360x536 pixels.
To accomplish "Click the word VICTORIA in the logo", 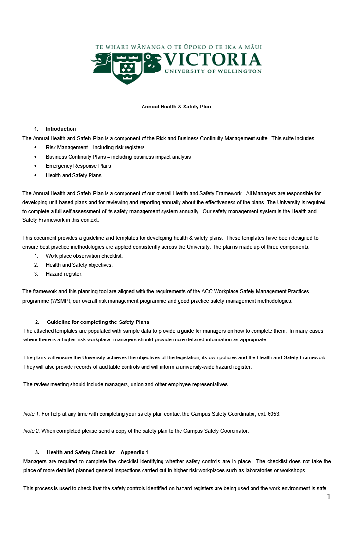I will tap(213, 60).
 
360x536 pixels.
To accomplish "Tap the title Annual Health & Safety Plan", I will tap(176, 107).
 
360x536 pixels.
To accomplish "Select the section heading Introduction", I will tap(61, 129).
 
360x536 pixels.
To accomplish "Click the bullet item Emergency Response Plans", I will tap(78, 166).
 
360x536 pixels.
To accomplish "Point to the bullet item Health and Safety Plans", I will tap(73, 175).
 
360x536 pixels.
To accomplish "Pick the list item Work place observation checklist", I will tap(84, 256).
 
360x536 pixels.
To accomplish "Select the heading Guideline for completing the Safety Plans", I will tap(98, 322).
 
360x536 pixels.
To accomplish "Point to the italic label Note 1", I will tap(32, 414).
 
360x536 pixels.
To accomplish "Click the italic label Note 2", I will tap(32, 431).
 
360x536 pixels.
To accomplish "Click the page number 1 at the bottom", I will tap(328, 497).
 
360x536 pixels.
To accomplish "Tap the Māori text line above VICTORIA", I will tap(179, 47).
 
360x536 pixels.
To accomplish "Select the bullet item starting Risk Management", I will tap(95, 147).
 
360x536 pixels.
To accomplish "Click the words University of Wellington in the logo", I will tap(213, 71).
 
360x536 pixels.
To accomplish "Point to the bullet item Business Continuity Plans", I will tap(118, 157).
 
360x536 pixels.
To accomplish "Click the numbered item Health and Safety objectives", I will tap(79, 265).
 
